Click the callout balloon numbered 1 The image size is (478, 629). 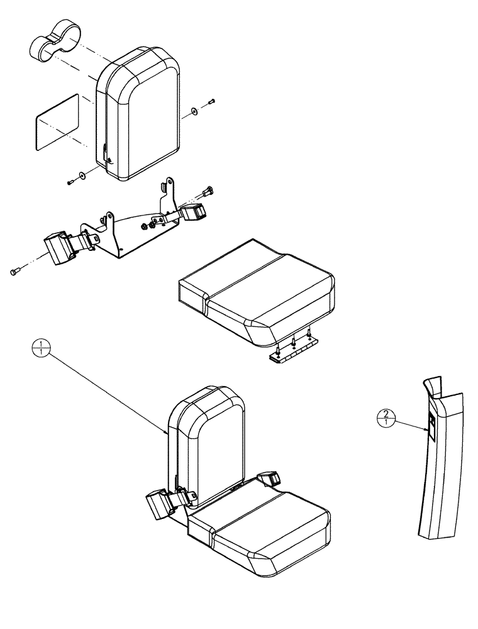41,347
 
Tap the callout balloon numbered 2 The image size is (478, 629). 386,417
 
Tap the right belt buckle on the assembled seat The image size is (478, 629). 269,478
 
